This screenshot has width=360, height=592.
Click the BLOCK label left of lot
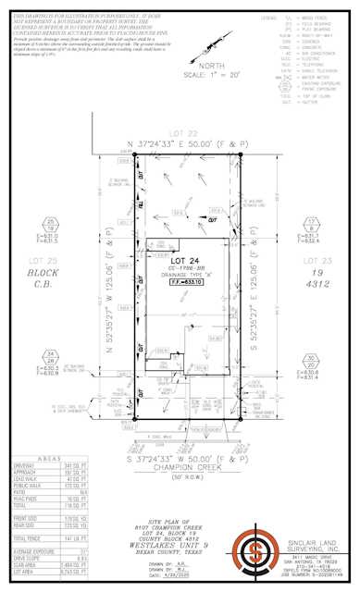coord(39,275)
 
